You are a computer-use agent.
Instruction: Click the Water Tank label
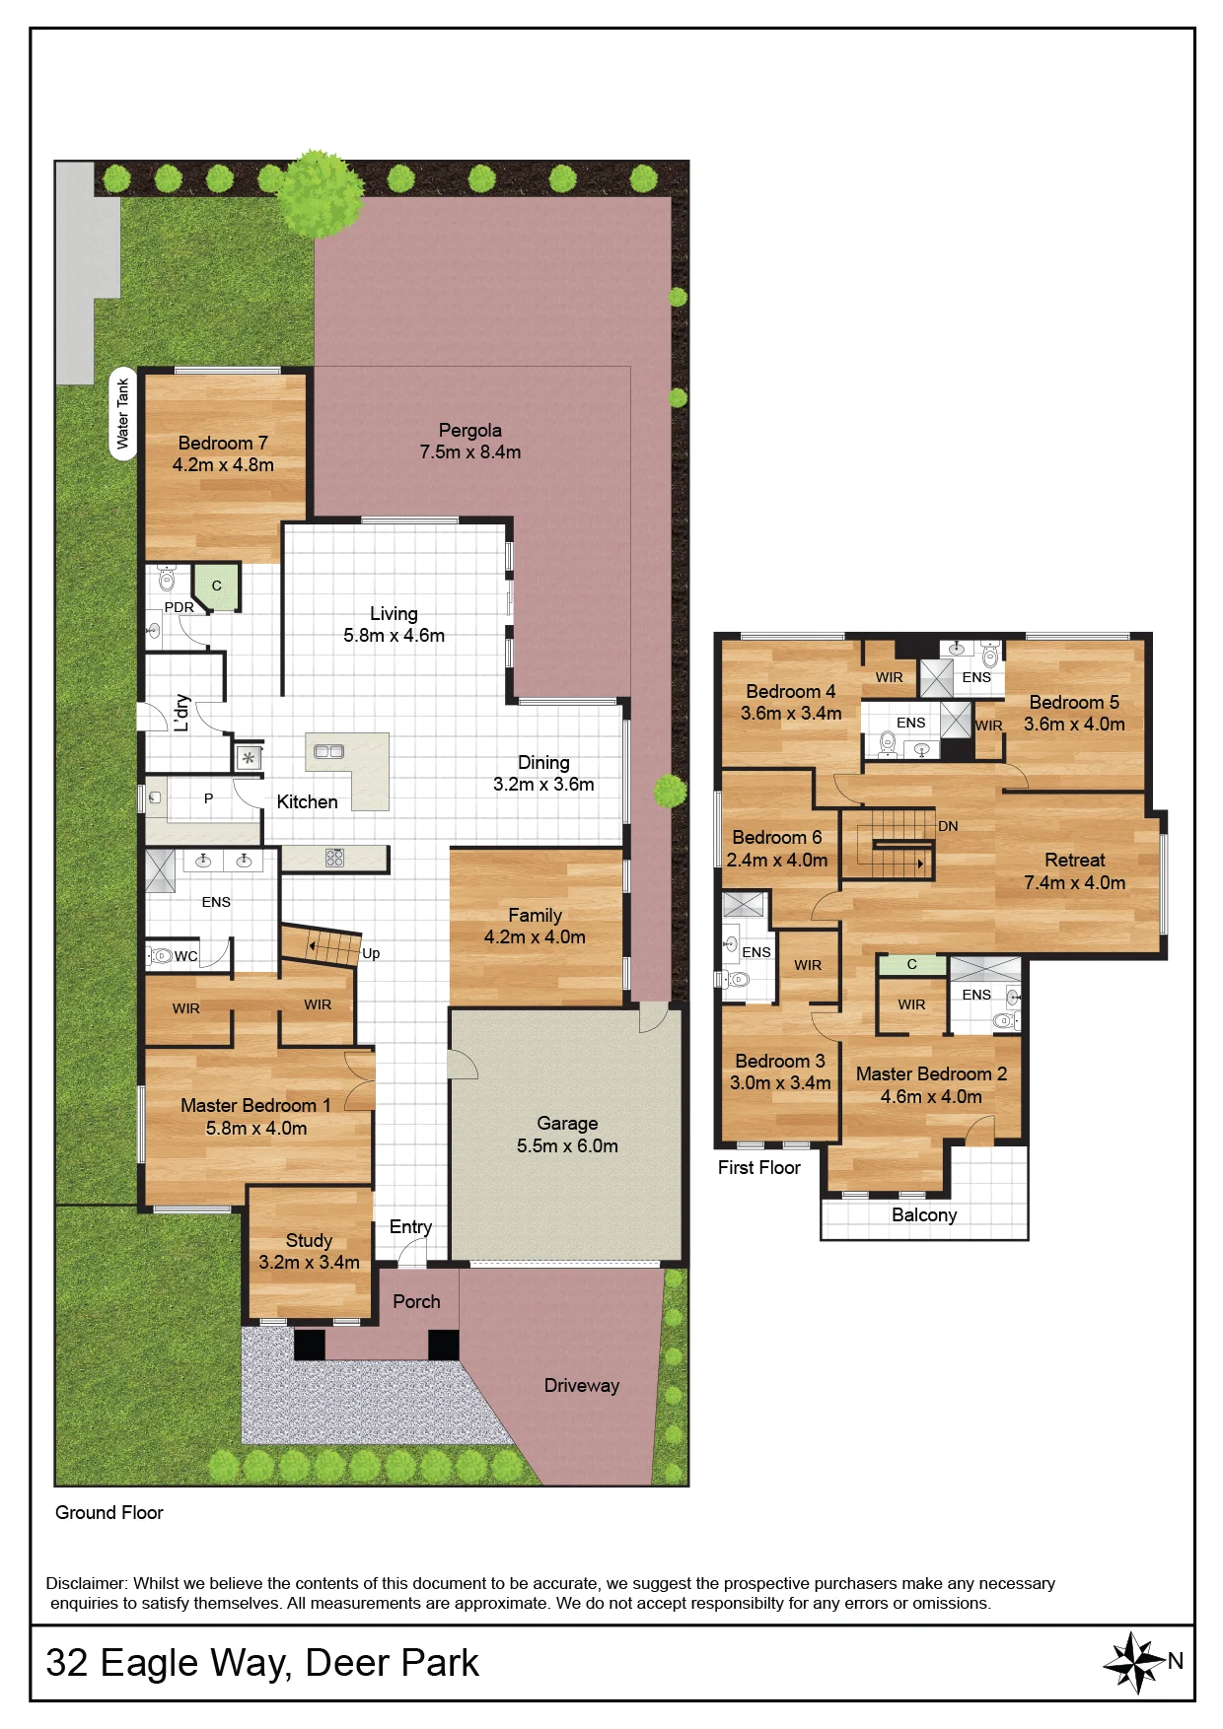(x=123, y=414)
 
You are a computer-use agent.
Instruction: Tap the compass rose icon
(x=1135, y=1662)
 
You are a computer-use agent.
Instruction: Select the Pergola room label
(x=470, y=431)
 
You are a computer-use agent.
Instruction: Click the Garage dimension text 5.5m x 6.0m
(x=567, y=1146)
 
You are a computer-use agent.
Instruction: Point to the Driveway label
(x=582, y=1386)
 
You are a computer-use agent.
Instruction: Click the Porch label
(x=416, y=1302)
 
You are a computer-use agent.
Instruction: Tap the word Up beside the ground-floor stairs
(x=371, y=954)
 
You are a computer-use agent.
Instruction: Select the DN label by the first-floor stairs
(x=948, y=826)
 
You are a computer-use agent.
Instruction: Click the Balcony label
(x=924, y=1215)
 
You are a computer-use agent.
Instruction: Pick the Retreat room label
(x=1075, y=861)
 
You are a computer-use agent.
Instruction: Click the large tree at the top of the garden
(x=320, y=193)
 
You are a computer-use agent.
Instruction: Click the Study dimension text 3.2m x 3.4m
(x=309, y=1263)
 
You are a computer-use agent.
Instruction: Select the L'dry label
(x=180, y=712)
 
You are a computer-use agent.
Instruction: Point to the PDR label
(x=180, y=607)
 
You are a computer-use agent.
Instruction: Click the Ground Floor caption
(x=109, y=1513)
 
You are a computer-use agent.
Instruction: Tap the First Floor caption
(x=758, y=1168)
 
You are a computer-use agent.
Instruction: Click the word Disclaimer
(x=87, y=1584)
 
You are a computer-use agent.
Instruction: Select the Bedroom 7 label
(x=223, y=444)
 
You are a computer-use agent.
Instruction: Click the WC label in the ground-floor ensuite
(x=186, y=956)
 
